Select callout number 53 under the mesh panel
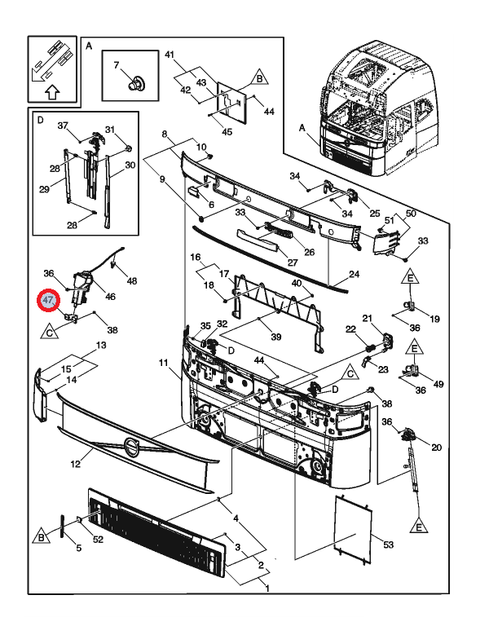coord(388,545)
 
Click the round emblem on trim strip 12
coord(130,447)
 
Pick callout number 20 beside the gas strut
coord(436,448)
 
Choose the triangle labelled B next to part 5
coord(41,536)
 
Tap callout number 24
coord(354,275)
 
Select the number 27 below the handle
coord(293,262)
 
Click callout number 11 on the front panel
coord(163,362)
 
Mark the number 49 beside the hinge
coord(438,385)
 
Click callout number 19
coord(434,319)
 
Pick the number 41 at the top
coord(170,55)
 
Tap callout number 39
coord(276,337)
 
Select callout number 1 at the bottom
coord(269,585)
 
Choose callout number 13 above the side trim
coord(101,346)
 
